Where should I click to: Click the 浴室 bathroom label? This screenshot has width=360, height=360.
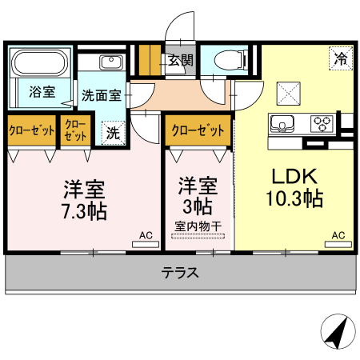click(x=42, y=90)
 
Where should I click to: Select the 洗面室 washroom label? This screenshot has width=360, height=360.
click(x=102, y=94)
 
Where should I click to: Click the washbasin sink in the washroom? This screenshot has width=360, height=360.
click(x=110, y=62)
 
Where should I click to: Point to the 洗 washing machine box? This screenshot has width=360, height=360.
click(x=113, y=133)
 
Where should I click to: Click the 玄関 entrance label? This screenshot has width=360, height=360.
click(x=180, y=60)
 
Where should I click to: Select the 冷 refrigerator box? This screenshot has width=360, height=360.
click(x=340, y=58)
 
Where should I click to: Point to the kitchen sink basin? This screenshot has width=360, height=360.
click(x=283, y=124)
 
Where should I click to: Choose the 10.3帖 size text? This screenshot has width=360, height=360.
click(x=296, y=198)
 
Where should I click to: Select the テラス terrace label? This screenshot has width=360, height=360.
click(x=180, y=273)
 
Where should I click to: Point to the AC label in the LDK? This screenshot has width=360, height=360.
click(x=338, y=235)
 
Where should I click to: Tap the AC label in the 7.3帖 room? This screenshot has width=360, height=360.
click(x=146, y=235)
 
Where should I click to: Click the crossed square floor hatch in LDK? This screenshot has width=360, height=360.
click(x=288, y=94)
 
